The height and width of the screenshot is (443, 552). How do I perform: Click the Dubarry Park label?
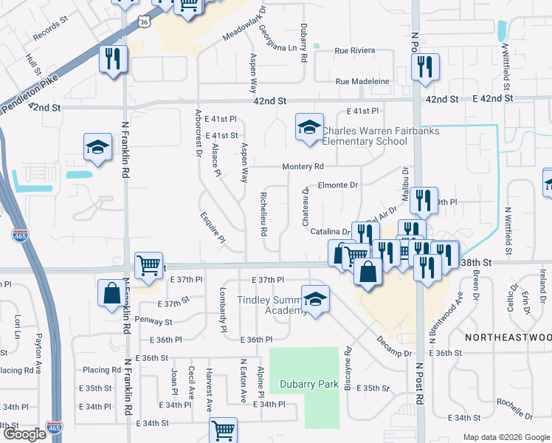[309, 384]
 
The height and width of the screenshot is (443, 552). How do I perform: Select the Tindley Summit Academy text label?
[270, 306]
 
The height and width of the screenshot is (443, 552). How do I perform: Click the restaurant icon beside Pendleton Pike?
[113, 60]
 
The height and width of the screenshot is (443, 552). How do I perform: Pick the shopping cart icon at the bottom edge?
[223, 430]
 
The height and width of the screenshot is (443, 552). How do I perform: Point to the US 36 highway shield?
[145, 21]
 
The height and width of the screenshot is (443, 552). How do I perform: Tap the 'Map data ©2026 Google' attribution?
[506, 437]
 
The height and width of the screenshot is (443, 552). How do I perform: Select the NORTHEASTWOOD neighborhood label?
[508, 337]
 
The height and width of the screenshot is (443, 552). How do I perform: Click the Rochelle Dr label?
[514, 407]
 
